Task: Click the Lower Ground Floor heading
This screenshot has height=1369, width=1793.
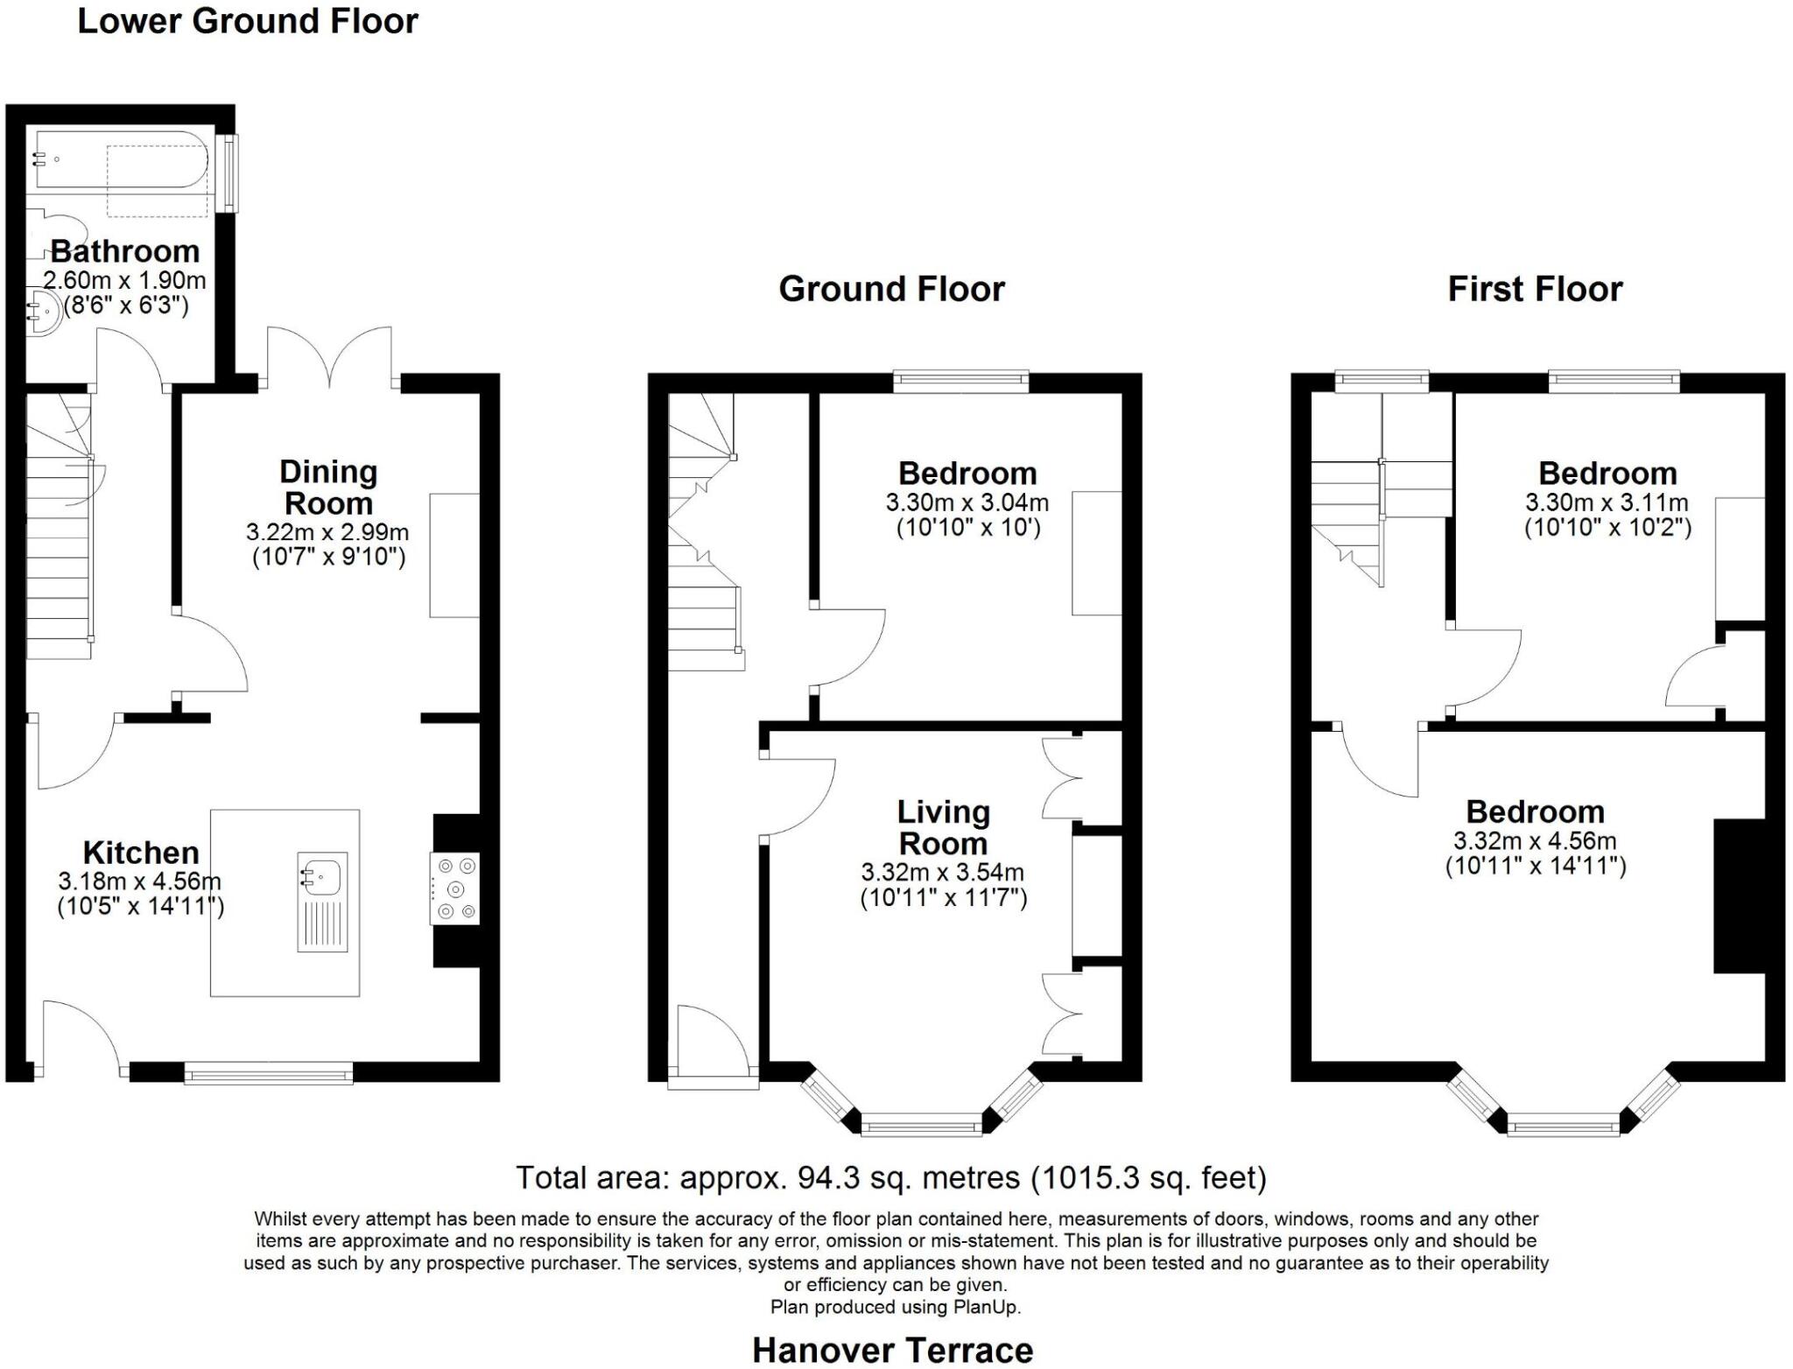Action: [x=248, y=21]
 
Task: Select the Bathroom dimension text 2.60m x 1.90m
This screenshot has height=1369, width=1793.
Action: [x=124, y=281]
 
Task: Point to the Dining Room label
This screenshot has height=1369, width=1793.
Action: [x=328, y=488]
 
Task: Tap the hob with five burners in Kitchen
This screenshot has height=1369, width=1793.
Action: [x=455, y=888]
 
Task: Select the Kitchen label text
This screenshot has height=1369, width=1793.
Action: [x=141, y=853]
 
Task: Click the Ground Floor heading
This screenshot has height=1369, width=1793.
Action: [x=891, y=289]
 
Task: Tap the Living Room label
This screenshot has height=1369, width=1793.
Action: [x=943, y=828]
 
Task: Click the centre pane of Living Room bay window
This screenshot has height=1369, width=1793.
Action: [x=921, y=1125]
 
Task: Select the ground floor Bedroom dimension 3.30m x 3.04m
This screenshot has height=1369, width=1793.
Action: [x=967, y=503]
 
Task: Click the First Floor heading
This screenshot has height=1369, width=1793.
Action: [x=1535, y=289]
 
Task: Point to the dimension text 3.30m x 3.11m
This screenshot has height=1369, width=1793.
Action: [x=1607, y=503]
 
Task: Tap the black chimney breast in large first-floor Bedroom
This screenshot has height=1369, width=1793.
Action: [x=1739, y=895]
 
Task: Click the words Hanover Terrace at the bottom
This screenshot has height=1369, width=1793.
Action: [x=892, y=1350]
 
